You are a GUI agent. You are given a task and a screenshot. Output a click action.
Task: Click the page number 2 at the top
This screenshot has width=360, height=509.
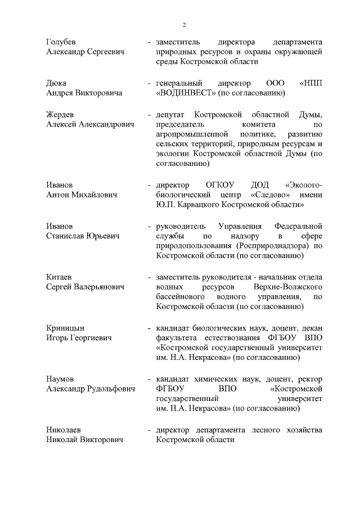tap(183, 25)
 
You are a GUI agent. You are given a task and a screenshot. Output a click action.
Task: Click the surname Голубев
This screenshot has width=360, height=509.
tap(61, 42)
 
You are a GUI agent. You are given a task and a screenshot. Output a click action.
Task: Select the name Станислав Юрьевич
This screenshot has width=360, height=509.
tap(83, 236)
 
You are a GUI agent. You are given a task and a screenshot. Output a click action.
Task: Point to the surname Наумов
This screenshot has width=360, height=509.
tap(60, 379)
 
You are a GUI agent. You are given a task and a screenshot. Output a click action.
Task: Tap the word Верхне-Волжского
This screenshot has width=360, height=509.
tap(287, 287)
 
